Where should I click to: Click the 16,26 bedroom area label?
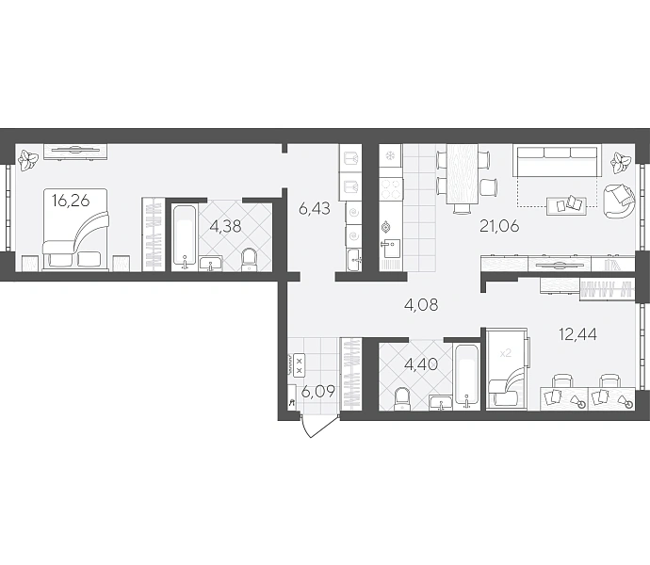pyautogui.click(x=71, y=201)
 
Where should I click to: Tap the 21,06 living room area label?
pyautogui.click(x=499, y=226)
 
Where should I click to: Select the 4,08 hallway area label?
pyautogui.click(x=421, y=305)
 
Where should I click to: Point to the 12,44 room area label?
pyautogui.click(x=577, y=333)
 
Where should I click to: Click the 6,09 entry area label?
pyautogui.click(x=318, y=392)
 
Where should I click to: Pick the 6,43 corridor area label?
pyautogui.click(x=315, y=208)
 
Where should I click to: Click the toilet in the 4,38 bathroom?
pyautogui.click(x=249, y=259)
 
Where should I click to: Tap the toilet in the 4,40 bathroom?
pyautogui.click(x=401, y=398)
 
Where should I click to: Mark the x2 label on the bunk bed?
pyautogui.click(x=506, y=353)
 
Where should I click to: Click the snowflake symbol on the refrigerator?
pyautogui.click(x=390, y=156)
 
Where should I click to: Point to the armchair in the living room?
pyautogui.click(x=619, y=201)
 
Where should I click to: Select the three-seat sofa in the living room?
pyautogui.click(x=557, y=160)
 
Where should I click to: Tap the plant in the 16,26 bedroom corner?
pyautogui.click(x=28, y=160)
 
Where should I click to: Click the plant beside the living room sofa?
pyautogui.click(x=621, y=163)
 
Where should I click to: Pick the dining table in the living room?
pyautogui.click(x=463, y=174)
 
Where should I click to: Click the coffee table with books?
pyautogui.click(x=567, y=205)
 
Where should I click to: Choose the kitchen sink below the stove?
pyautogui.click(x=390, y=249)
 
